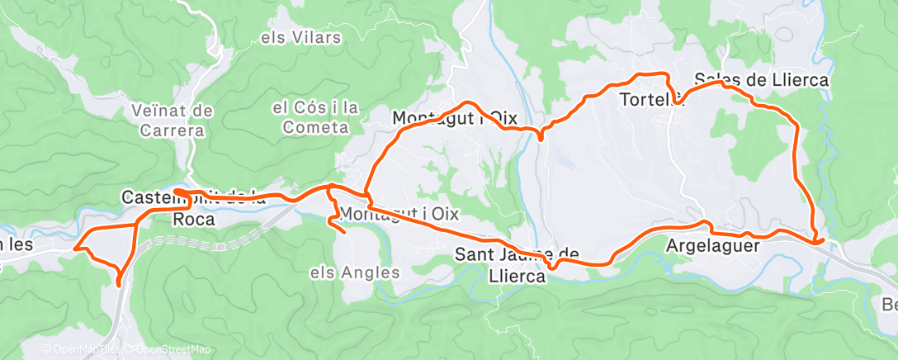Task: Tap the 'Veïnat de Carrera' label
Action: click(173, 120)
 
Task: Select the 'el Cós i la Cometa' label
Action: click(315, 116)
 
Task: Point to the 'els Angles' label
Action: click(355, 272)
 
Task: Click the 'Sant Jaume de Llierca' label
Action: click(517, 265)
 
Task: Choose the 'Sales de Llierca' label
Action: click(761, 80)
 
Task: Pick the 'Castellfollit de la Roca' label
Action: click(194, 208)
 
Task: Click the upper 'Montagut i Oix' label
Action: click(449, 117)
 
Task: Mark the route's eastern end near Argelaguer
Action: click(820, 240)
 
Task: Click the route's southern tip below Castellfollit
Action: click(119, 284)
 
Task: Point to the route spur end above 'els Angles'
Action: click(344, 234)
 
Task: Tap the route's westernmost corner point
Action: click(75, 246)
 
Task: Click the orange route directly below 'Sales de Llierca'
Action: click(768, 105)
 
